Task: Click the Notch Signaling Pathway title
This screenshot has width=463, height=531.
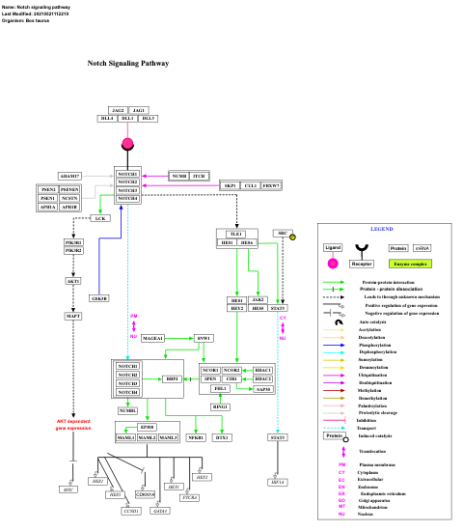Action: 127,63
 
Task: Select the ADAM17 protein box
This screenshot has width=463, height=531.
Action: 69,176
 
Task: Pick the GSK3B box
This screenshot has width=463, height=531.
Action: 99,298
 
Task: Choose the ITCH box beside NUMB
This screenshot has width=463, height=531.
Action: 199,176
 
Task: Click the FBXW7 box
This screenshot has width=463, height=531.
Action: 272,184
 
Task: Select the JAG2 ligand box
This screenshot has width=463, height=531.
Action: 117,110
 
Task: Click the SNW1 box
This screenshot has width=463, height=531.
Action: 204,338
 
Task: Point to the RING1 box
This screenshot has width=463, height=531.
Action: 221,407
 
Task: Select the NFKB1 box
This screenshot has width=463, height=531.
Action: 196,438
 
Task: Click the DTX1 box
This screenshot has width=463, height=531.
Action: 223,438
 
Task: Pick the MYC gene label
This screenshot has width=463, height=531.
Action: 68,489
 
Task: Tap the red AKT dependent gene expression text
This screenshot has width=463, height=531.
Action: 73,425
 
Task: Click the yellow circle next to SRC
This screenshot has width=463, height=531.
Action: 293,237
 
